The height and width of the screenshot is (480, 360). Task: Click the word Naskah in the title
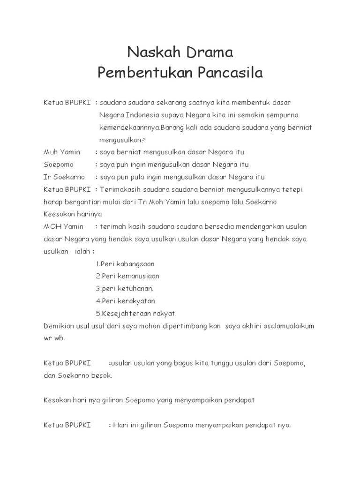tap(148, 52)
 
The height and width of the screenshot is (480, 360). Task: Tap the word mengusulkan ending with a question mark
tap(122, 140)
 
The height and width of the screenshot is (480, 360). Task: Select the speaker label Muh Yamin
tap(62, 152)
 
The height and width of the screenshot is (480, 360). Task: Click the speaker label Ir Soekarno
tap(64, 177)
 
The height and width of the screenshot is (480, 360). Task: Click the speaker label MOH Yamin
tap(64, 227)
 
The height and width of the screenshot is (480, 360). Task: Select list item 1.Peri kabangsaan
tap(125, 264)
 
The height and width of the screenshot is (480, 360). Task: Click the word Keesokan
tap(60, 214)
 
